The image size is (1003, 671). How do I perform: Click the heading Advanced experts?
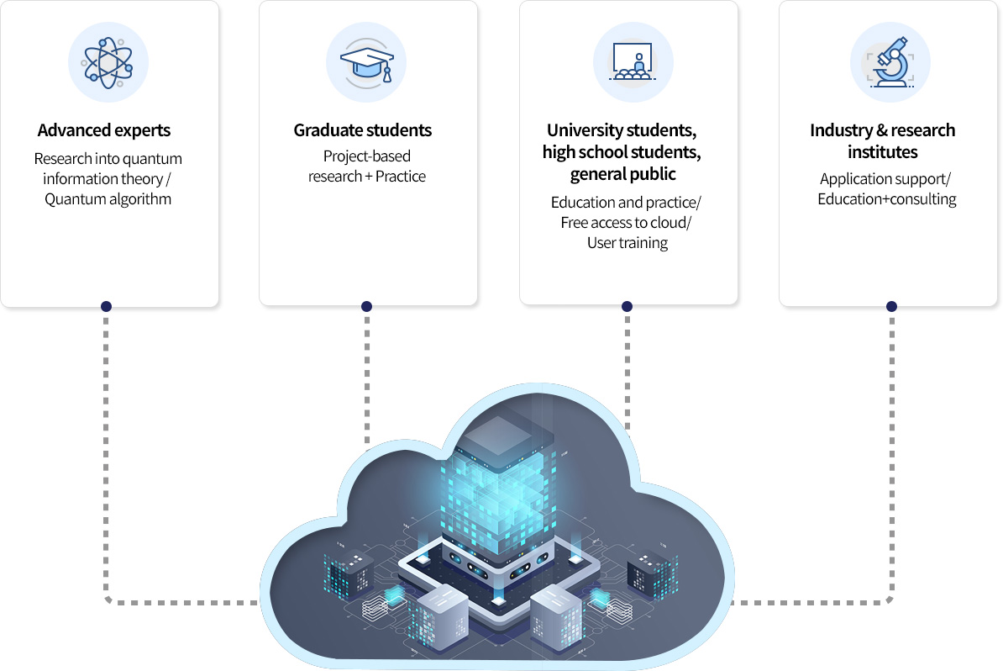(x=104, y=130)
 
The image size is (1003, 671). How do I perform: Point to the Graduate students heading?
(x=363, y=130)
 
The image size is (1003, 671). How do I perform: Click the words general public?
(x=622, y=174)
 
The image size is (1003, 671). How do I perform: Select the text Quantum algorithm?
(x=108, y=199)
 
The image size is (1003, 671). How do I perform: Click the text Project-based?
(x=367, y=156)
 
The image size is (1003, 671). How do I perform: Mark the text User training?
(x=627, y=243)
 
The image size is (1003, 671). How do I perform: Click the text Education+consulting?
(x=886, y=199)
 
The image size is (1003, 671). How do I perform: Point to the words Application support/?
(x=885, y=178)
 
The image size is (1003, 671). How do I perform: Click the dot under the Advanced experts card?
(x=106, y=306)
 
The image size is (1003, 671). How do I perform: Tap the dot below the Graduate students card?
(x=366, y=306)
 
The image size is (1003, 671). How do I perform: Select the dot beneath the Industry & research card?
(x=891, y=306)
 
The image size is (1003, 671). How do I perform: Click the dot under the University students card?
(x=627, y=306)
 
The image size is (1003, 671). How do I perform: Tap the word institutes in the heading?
(x=882, y=152)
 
